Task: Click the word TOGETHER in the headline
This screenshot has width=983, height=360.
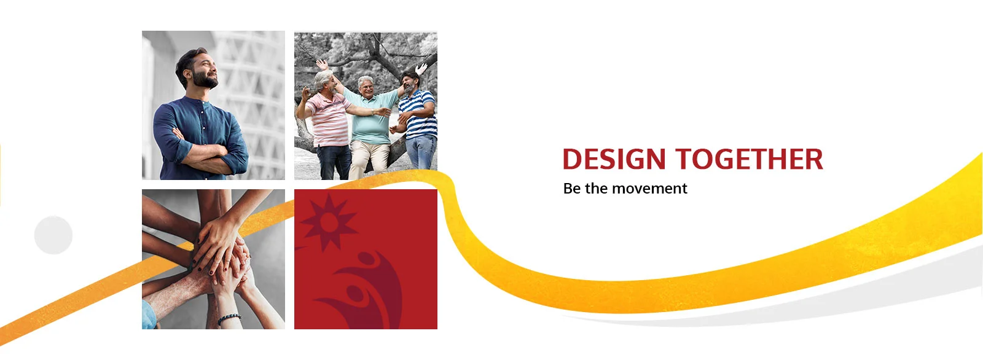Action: pos(749,159)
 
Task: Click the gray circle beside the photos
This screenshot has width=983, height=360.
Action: pos(53,235)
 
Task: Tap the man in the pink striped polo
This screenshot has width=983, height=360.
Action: pos(327,123)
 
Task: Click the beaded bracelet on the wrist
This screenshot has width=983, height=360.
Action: pos(229,318)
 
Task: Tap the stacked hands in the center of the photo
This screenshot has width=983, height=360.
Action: pos(219,259)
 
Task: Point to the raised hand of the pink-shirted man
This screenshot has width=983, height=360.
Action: pos(322,65)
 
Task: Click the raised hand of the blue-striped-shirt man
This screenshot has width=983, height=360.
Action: pos(421,68)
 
